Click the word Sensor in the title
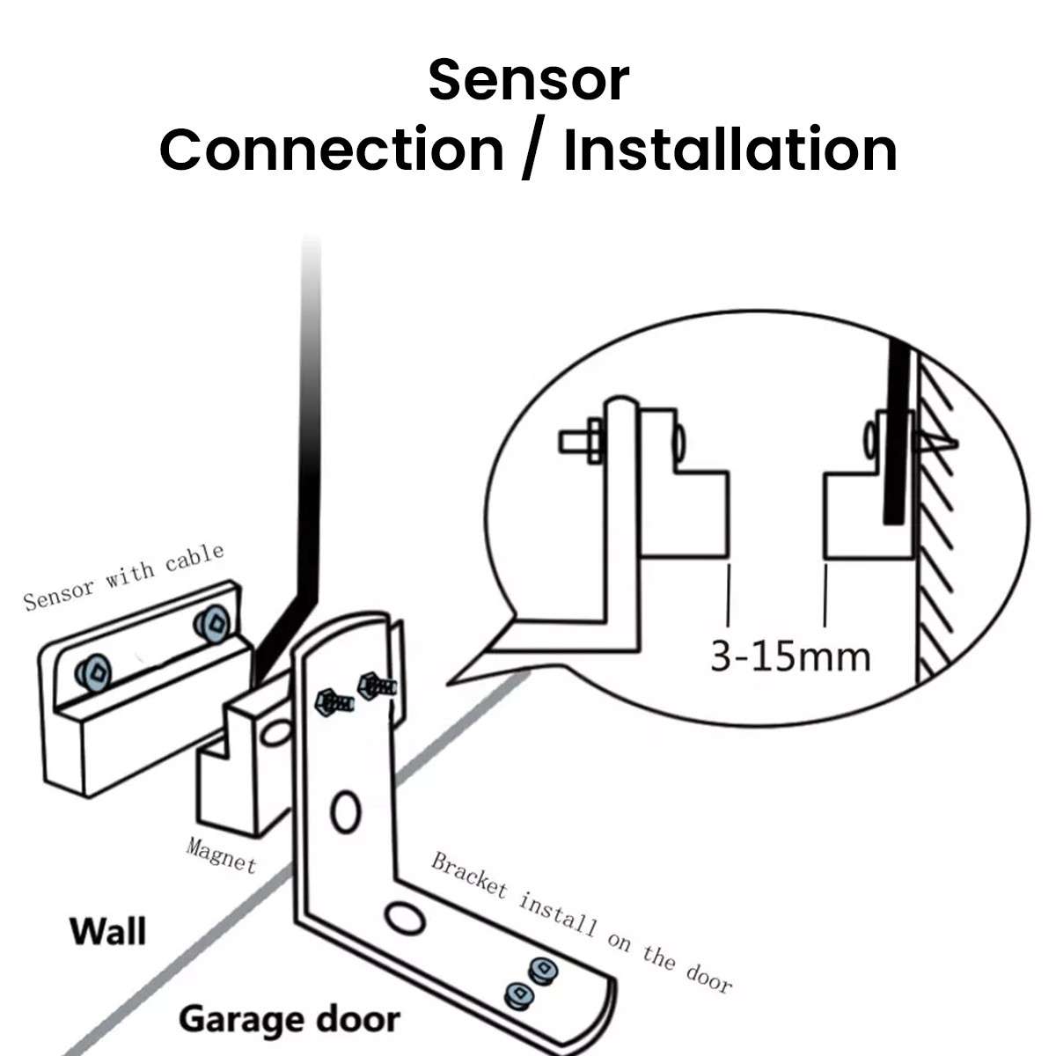pyautogui.click(x=528, y=80)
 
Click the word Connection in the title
pyautogui.click(x=331, y=150)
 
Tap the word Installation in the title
pyautogui.click(x=730, y=150)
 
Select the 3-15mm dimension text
pyautogui.click(x=789, y=656)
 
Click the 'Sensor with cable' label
pyautogui.click(x=124, y=576)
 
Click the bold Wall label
pyautogui.click(x=108, y=931)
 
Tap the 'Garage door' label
pyautogui.click(x=289, y=1020)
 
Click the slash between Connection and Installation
pyautogui.click(x=532, y=150)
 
